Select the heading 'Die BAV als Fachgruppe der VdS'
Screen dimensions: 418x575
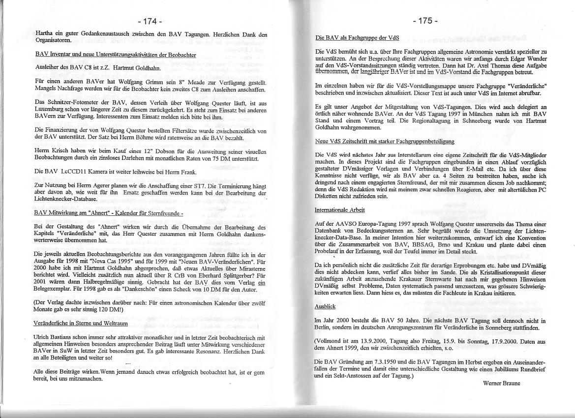pos(357,37)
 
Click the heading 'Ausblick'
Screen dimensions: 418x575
pos(325,306)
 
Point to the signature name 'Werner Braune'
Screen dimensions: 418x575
pos(501,383)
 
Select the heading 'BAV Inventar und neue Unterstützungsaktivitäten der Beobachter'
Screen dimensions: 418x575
pos(116,55)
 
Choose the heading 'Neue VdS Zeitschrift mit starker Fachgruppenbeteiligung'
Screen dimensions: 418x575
pos(384,141)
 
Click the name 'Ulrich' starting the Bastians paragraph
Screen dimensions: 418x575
pos(44,338)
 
